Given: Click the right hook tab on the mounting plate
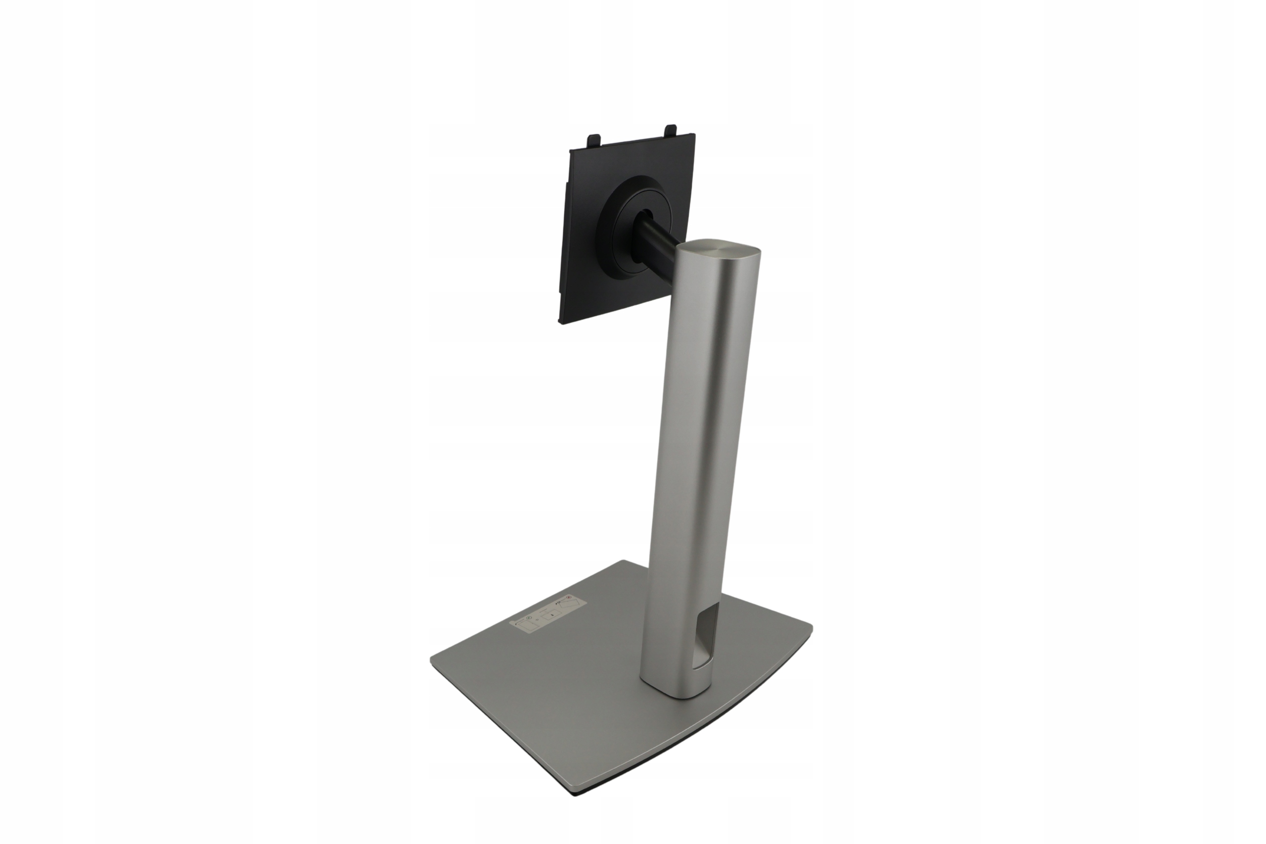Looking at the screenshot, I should pyautogui.click(x=671, y=130).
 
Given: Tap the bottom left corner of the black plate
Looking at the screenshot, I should pyautogui.click(x=561, y=323).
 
